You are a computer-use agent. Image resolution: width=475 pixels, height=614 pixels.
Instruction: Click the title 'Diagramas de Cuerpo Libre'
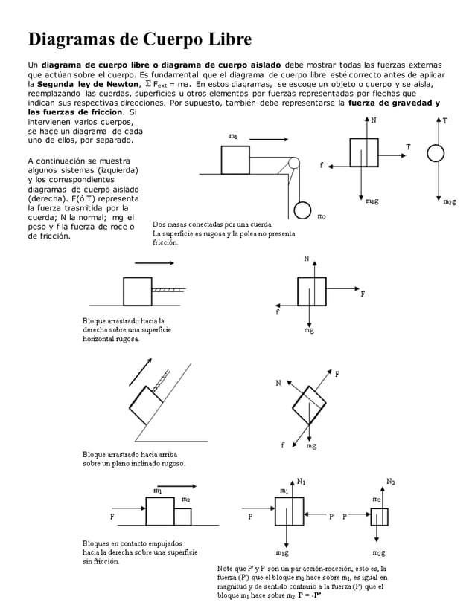[x=140, y=39]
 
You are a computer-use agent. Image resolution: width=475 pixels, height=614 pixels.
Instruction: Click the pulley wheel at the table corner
[x=294, y=164]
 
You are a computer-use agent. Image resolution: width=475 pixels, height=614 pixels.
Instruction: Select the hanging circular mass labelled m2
[x=302, y=210]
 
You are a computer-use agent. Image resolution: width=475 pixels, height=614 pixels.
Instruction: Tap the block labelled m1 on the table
[x=235, y=159]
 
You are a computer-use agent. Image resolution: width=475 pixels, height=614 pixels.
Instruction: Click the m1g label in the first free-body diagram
[x=372, y=201]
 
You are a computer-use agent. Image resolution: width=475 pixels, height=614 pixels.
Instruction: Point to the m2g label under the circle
[x=448, y=201]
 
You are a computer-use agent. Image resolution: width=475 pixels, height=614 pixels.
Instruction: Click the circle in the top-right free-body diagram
[x=436, y=152]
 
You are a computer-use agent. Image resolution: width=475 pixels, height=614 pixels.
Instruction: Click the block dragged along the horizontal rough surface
[x=138, y=291]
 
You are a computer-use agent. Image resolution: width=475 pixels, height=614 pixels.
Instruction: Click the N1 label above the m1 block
[x=301, y=482]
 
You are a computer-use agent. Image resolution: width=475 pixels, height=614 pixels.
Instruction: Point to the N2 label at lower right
[x=390, y=482]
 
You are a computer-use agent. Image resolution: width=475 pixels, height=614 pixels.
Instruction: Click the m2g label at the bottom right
[x=379, y=554]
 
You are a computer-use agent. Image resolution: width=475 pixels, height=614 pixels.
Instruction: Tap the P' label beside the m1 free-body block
[x=331, y=515]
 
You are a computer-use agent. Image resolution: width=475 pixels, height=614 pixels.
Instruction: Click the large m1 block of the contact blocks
[x=159, y=511]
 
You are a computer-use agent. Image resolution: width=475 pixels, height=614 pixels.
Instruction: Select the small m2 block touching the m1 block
[x=183, y=517]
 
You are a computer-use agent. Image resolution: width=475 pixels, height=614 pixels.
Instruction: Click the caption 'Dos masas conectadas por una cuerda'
[x=212, y=224]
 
